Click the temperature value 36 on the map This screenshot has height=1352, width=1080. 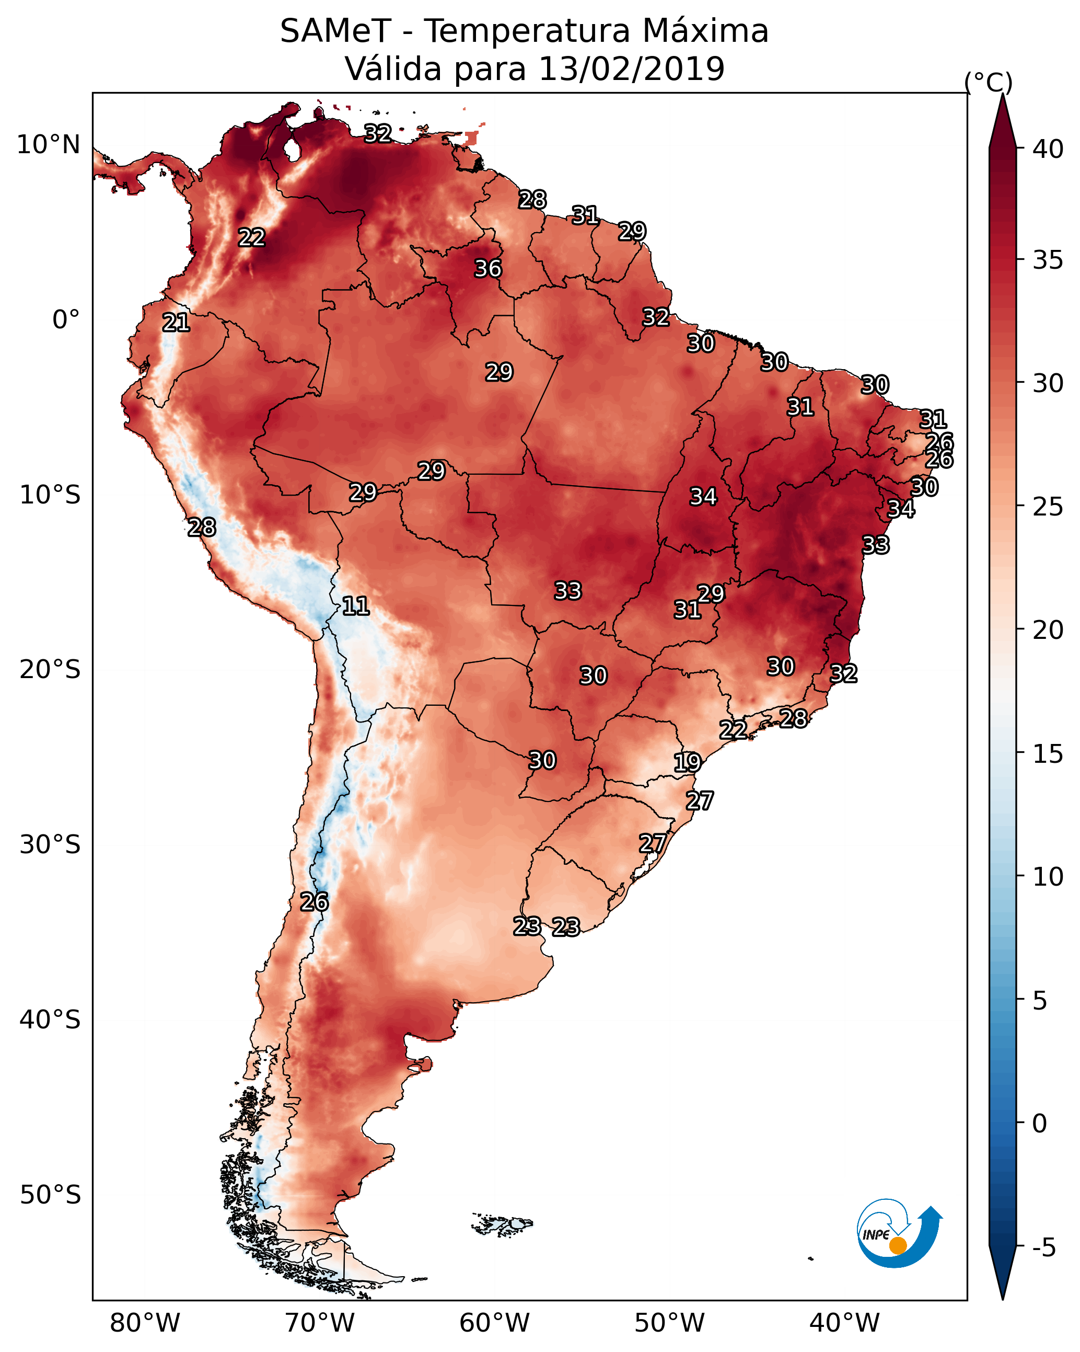point(487,268)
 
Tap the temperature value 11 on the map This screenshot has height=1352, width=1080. point(355,606)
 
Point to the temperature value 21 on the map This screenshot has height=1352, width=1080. point(176,323)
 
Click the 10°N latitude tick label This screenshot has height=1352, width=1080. point(48,145)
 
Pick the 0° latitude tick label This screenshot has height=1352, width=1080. point(66,320)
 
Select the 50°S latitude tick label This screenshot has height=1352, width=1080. point(50,1195)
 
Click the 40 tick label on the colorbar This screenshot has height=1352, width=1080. point(1048,149)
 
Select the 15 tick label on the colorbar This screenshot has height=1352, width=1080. point(1048,754)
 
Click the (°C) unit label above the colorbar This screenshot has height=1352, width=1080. point(989,82)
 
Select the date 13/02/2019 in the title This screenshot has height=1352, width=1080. point(631,69)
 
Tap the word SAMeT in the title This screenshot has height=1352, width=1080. point(335,31)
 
